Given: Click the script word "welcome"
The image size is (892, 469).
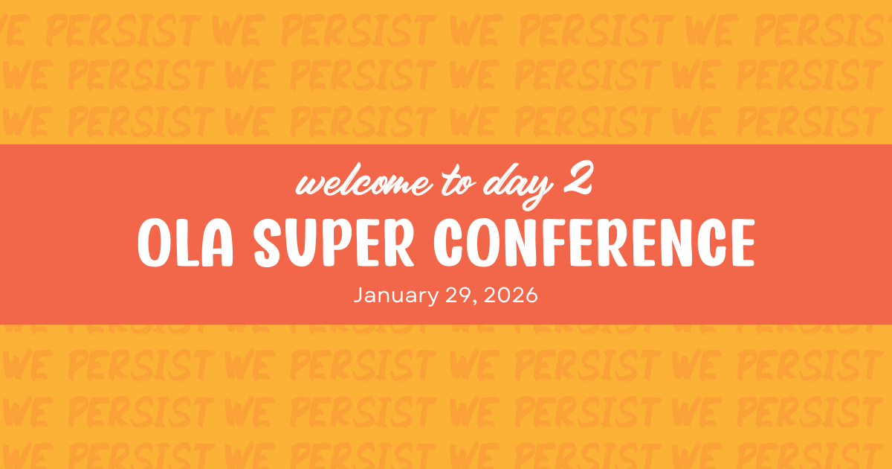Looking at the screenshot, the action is point(364,181).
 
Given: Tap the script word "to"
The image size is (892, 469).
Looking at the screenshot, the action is point(459,182).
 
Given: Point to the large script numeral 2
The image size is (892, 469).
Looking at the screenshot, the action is point(578,178).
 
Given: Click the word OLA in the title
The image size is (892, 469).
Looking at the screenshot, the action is point(185,243).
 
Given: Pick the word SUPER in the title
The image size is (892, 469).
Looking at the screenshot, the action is point(334,243).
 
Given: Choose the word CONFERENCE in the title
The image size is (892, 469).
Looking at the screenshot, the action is point(594,243).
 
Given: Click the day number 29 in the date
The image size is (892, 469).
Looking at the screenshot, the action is point(459,295).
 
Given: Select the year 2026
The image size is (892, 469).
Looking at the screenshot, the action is point(511,295).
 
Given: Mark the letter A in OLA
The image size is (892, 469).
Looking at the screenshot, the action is point(216,243).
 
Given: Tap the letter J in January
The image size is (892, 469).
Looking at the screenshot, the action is point(359,296).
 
